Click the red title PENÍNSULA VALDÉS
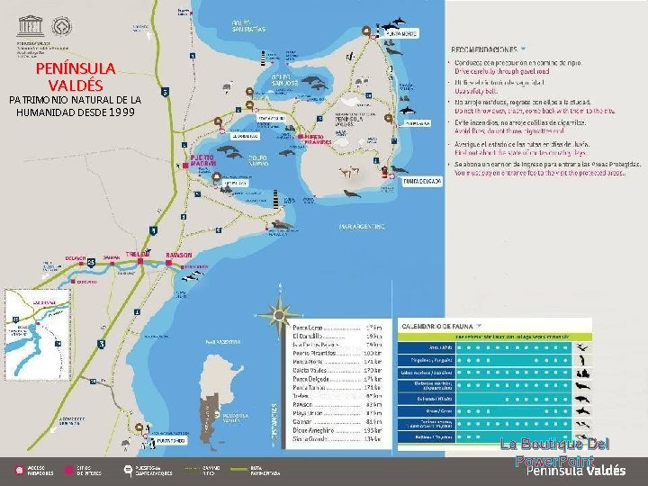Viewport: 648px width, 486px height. tap(76, 76)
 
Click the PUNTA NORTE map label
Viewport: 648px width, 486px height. tap(402, 33)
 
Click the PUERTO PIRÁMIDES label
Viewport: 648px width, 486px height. tap(319, 139)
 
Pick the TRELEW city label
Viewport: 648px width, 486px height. tap(138, 255)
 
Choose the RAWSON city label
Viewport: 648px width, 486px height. tap(179, 255)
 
